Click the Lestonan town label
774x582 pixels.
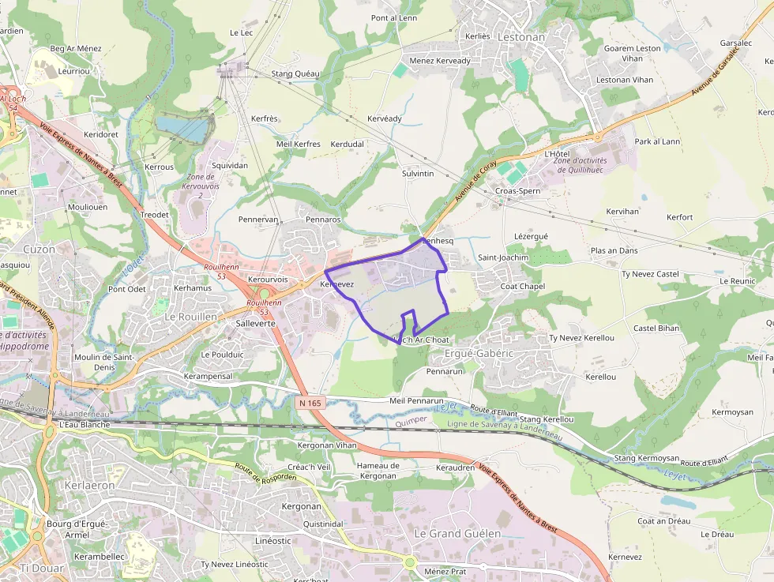pos(521,36)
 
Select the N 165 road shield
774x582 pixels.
pos(310,403)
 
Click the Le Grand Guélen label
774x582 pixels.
pos(457,533)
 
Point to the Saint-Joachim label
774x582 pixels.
pos(503,257)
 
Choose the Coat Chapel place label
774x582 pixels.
pos(522,286)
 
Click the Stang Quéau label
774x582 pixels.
pos(295,73)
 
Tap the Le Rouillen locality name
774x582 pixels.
pos(190,316)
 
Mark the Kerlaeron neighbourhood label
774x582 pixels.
pos(89,485)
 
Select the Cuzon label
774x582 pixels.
pos(39,249)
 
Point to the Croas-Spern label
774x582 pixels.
pos(517,191)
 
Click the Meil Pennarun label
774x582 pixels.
pos(416,400)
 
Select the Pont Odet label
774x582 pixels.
pos(127,289)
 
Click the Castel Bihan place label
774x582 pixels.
pos(656,328)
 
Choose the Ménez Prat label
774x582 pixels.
pos(445,571)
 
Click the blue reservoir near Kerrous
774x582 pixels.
pos(183,126)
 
